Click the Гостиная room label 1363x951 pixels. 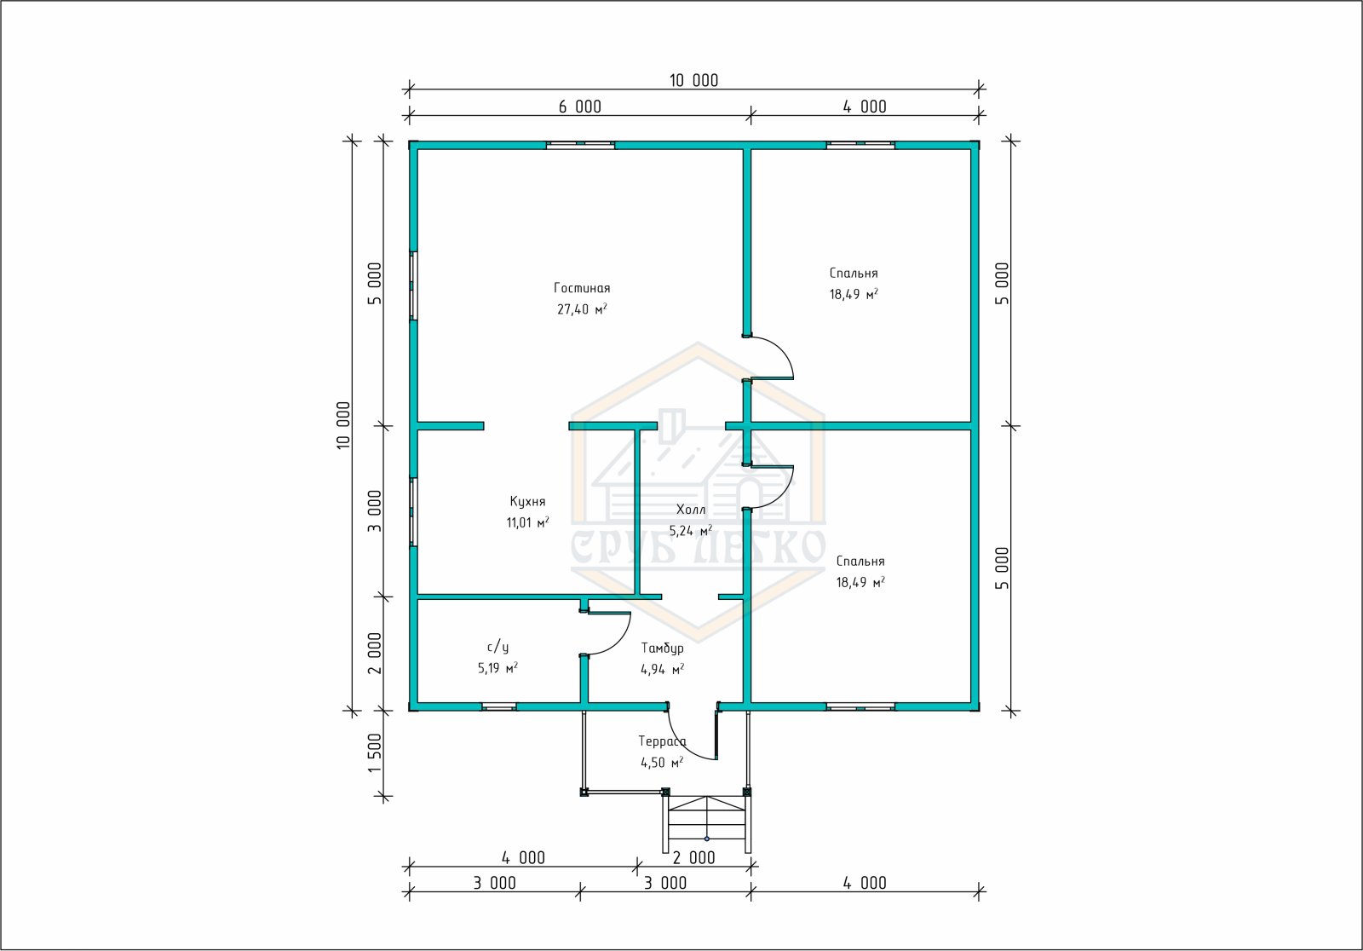click(x=582, y=288)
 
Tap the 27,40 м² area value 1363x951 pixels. click(x=582, y=308)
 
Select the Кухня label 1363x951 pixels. click(x=527, y=501)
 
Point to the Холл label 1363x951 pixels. click(x=691, y=509)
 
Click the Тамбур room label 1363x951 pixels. click(x=662, y=648)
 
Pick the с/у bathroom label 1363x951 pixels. click(x=497, y=647)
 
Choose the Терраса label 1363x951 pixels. click(x=662, y=741)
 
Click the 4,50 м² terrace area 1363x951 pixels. click(x=662, y=763)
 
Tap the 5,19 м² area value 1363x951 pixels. click(x=497, y=668)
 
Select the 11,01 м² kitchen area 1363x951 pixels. click(x=527, y=522)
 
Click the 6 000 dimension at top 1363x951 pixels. click(x=579, y=107)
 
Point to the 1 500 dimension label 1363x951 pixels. click(x=375, y=753)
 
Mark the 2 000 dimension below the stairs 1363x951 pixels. click(x=693, y=858)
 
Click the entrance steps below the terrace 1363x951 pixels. click(x=706, y=823)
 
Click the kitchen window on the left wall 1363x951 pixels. click(x=413, y=511)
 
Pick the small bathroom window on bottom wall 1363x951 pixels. click(x=499, y=706)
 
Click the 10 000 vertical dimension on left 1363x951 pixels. click(x=344, y=425)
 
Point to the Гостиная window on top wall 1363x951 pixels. click(x=580, y=145)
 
